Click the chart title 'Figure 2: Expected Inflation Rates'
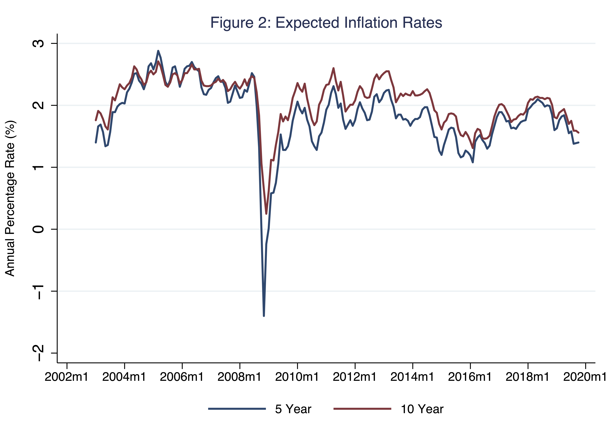click(x=326, y=23)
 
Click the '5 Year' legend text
click(x=293, y=409)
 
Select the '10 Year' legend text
click(x=422, y=409)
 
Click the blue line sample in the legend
click(x=237, y=409)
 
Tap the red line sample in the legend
click(x=362, y=409)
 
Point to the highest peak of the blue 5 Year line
click(x=158, y=51)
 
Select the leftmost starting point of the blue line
click(x=96, y=142)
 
